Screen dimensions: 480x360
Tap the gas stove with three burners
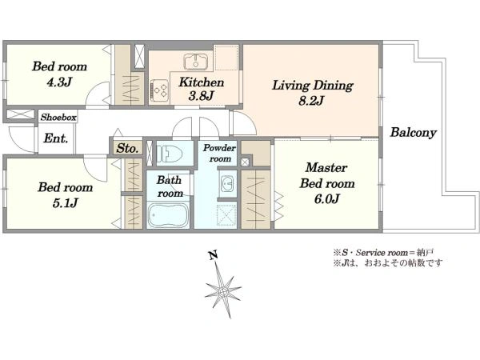coord(160,90)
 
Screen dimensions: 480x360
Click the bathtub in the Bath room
coord(168,215)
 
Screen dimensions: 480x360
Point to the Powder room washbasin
coord(228,184)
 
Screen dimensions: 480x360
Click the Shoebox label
coord(58,118)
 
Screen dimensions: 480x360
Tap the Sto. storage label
coord(127,149)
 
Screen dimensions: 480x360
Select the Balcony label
coord(414,133)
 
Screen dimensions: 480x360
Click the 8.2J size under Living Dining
coord(311,101)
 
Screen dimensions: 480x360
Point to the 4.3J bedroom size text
coord(59,82)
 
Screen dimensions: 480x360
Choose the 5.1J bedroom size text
coord(66,203)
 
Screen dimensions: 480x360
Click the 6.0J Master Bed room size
coord(326,199)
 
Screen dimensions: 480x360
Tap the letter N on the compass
coord(213,255)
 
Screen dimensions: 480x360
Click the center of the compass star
coord(223,290)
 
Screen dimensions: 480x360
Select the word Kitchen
coord(202,82)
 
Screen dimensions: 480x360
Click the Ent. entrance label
coord(55,138)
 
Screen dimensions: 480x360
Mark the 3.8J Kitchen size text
coord(201,96)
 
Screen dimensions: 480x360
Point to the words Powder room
coord(219,154)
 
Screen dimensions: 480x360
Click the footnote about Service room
coord(383,253)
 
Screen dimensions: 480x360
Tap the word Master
coord(326,168)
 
